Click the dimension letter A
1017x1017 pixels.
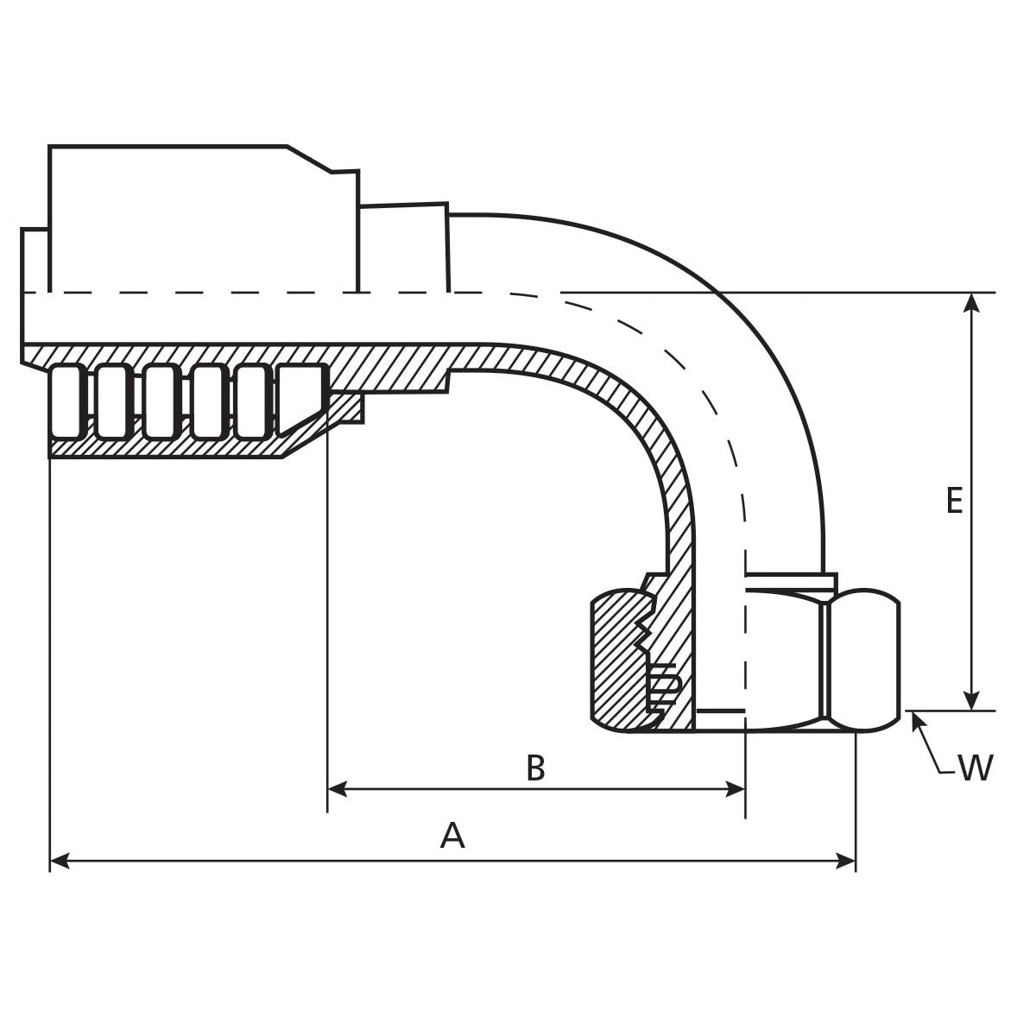[452, 836]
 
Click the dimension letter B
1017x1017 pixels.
[535, 767]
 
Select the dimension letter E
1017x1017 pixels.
[953, 501]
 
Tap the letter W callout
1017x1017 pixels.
[976, 767]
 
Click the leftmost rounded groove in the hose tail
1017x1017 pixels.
[67, 401]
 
